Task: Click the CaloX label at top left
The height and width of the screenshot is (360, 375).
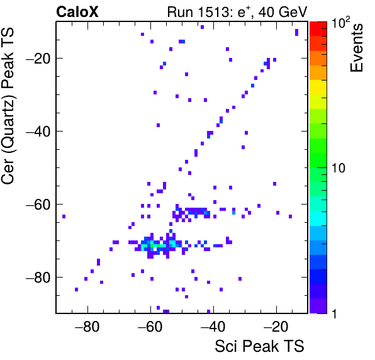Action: tap(77, 12)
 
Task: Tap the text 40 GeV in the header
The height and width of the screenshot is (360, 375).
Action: tap(283, 12)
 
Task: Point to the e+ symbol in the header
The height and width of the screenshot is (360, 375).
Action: tap(244, 11)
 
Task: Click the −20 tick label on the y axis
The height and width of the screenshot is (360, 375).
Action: tap(38, 58)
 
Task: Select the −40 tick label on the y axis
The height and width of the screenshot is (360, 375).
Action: tap(38, 131)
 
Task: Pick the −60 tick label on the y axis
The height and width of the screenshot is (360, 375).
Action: tap(38, 205)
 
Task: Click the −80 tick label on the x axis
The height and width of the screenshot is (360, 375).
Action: tap(87, 326)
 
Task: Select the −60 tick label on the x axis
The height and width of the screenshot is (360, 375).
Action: tap(150, 326)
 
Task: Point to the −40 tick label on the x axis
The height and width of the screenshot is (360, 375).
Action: tap(213, 326)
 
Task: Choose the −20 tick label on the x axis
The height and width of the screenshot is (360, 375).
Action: tap(276, 326)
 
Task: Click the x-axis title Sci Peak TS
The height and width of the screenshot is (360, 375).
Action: tap(259, 346)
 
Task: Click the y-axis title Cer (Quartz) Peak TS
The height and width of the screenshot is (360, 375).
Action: tap(8, 106)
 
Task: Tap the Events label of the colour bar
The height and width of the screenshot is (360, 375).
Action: tap(356, 48)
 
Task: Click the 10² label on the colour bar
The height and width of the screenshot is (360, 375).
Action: tap(340, 23)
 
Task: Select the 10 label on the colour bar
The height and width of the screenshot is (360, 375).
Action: tap(339, 168)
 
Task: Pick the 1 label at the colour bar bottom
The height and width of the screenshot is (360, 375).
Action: tap(335, 313)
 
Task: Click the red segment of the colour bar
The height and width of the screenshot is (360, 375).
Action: tap(318, 29)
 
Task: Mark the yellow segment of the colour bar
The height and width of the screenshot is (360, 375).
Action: tap(318, 87)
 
